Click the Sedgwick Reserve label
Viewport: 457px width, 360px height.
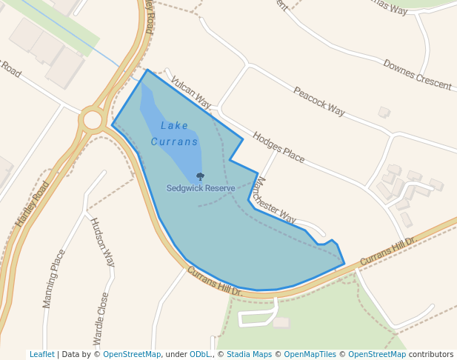(201, 188)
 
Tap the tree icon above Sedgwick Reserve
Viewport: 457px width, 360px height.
(200, 177)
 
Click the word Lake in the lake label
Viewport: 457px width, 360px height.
(175, 126)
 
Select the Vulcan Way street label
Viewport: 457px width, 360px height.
(190, 92)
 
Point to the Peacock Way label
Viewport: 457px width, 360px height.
(319, 101)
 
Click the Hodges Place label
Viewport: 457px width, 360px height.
(278, 147)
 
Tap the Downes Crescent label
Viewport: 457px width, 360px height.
(417, 75)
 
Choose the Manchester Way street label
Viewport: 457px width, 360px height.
(274, 199)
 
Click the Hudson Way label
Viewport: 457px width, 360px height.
(102, 242)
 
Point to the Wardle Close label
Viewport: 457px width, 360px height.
(101, 319)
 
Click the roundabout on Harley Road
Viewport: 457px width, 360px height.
(93, 119)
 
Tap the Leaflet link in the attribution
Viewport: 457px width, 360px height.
(41, 354)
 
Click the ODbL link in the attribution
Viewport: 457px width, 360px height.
(200, 354)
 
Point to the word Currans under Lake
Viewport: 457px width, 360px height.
(175, 141)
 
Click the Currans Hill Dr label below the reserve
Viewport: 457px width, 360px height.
(215, 282)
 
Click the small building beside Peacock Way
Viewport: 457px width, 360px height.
(384, 113)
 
